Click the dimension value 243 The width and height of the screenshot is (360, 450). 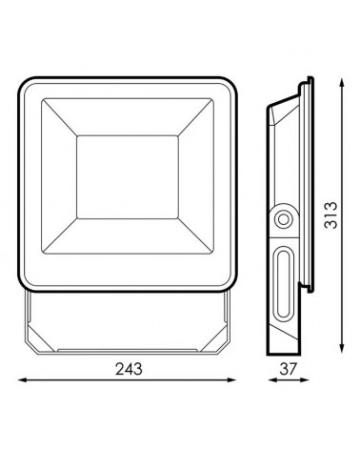[x=129, y=369]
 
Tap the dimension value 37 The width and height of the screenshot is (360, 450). [x=288, y=369]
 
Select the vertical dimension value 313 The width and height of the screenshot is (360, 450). [x=330, y=215]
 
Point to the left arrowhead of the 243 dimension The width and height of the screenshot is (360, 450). [x=22, y=379]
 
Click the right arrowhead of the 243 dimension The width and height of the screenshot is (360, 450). [x=232, y=379]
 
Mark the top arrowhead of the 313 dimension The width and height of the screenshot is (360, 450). [x=342, y=83]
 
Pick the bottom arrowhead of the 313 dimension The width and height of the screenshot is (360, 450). [x=342, y=348]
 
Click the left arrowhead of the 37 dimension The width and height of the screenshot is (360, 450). [x=271, y=379]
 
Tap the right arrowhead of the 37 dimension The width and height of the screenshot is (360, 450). [x=305, y=379]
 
